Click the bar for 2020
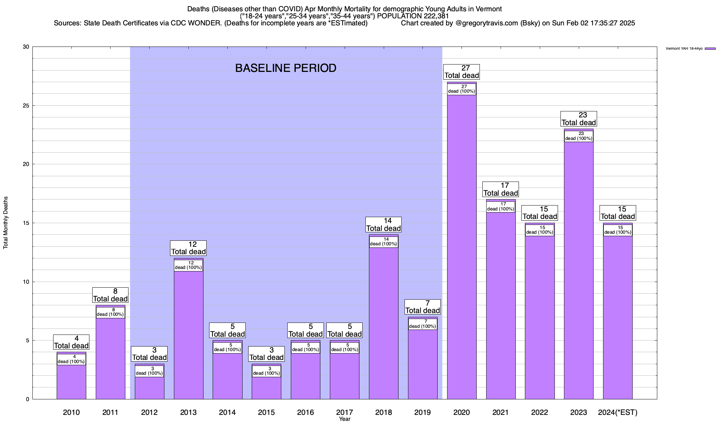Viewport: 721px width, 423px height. pyautogui.click(x=462, y=247)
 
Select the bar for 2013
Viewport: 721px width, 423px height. pyautogui.click(x=188, y=335)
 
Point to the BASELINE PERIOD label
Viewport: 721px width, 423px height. pyautogui.click(x=286, y=68)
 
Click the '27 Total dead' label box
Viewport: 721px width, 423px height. pyautogui.click(x=462, y=72)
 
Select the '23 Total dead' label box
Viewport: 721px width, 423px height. pyautogui.click(x=578, y=119)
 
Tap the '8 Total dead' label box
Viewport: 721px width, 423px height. pyautogui.click(x=110, y=295)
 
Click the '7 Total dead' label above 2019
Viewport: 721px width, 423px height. pyautogui.click(x=422, y=307)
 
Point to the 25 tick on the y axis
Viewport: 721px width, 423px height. pyautogui.click(x=26, y=106)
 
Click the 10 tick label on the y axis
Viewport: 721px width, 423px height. pyautogui.click(x=26, y=282)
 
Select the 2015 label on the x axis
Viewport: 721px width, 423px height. pyautogui.click(x=266, y=412)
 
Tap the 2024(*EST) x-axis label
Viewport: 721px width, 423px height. pyautogui.click(x=617, y=412)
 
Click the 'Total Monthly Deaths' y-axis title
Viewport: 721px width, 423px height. pyautogui.click(x=6, y=223)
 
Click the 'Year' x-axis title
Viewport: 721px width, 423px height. pyautogui.click(x=345, y=419)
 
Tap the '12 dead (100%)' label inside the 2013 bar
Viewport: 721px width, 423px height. pyautogui.click(x=188, y=265)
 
